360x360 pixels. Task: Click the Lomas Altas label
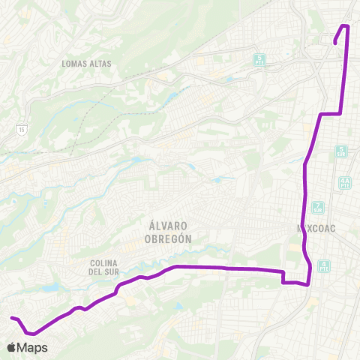(87, 64)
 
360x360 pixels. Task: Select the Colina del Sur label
(105, 267)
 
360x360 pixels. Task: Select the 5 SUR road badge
(342, 151)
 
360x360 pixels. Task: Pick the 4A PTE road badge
(345, 182)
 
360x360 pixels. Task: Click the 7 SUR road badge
(319, 207)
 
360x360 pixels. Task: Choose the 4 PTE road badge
(323, 265)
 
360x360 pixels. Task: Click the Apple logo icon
(12, 347)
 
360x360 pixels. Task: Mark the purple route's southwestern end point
(11, 318)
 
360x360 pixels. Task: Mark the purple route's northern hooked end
(334, 43)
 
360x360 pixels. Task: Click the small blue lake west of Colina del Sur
(51, 287)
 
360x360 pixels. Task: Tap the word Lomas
(74, 64)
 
